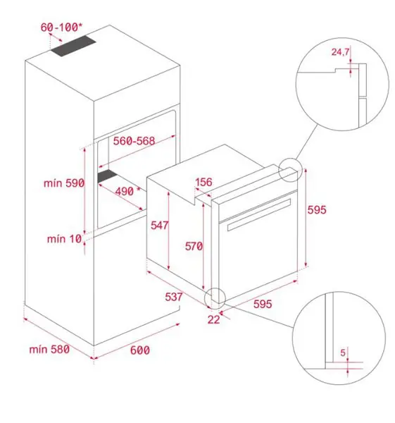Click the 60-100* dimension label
pos(61,27)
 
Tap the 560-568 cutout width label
pos(134,141)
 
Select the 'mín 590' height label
pos(64,183)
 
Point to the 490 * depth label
pos(127,191)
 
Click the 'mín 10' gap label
pos(64,239)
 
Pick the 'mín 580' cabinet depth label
pos(49,349)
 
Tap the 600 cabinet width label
pos(140,350)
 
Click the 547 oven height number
pos(160,226)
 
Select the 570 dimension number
pos(194,246)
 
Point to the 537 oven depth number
pos(174,297)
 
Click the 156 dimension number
pos(203,182)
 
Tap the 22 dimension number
pos(213,319)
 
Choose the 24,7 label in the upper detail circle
pos(340,51)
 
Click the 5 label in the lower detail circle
pos(343,352)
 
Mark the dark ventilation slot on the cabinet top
pos(73,46)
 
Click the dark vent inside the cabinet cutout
pos(107,176)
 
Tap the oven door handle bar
pos(259,215)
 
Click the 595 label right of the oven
pos(317,209)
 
